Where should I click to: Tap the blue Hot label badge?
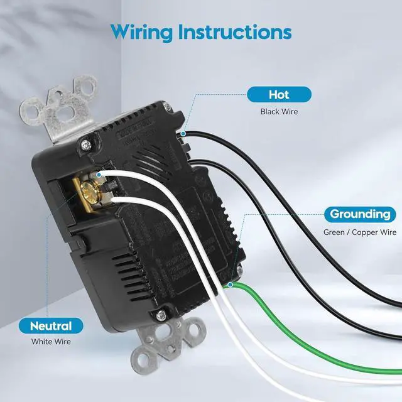[278, 95]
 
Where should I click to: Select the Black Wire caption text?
[279, 112]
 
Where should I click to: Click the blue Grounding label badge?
[360, 214]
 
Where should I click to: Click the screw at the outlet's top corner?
[84, 146]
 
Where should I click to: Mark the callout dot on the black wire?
[182, 134]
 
